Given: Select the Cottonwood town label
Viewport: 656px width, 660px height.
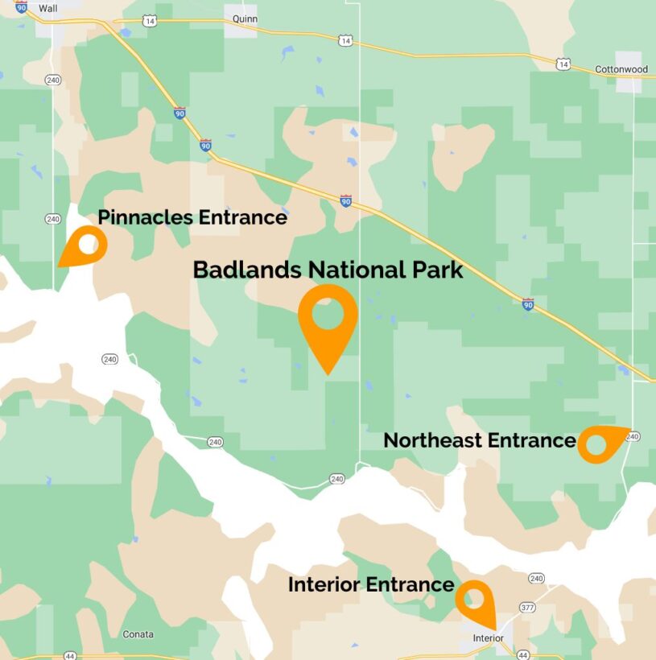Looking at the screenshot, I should coord(621,69).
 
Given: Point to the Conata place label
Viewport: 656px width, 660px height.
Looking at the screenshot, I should coord(138,634).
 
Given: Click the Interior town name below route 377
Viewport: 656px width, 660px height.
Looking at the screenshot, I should coord(488,638).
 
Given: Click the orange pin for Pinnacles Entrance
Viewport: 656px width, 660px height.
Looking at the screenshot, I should coord(85,244).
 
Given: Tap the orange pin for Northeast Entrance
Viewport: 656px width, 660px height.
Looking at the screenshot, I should coord(600,443).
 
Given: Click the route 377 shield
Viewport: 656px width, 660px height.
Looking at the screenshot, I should coord(527,607).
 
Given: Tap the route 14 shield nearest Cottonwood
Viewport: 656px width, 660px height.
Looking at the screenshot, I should coord(563,62).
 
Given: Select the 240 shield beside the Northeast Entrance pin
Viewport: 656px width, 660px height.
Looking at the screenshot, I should coord(633,436).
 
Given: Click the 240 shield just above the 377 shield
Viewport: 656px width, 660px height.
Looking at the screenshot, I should coord(536,578).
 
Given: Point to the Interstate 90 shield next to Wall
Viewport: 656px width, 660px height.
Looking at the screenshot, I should coord(21,6).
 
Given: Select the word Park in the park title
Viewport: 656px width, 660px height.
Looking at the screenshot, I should coord(438,270).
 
